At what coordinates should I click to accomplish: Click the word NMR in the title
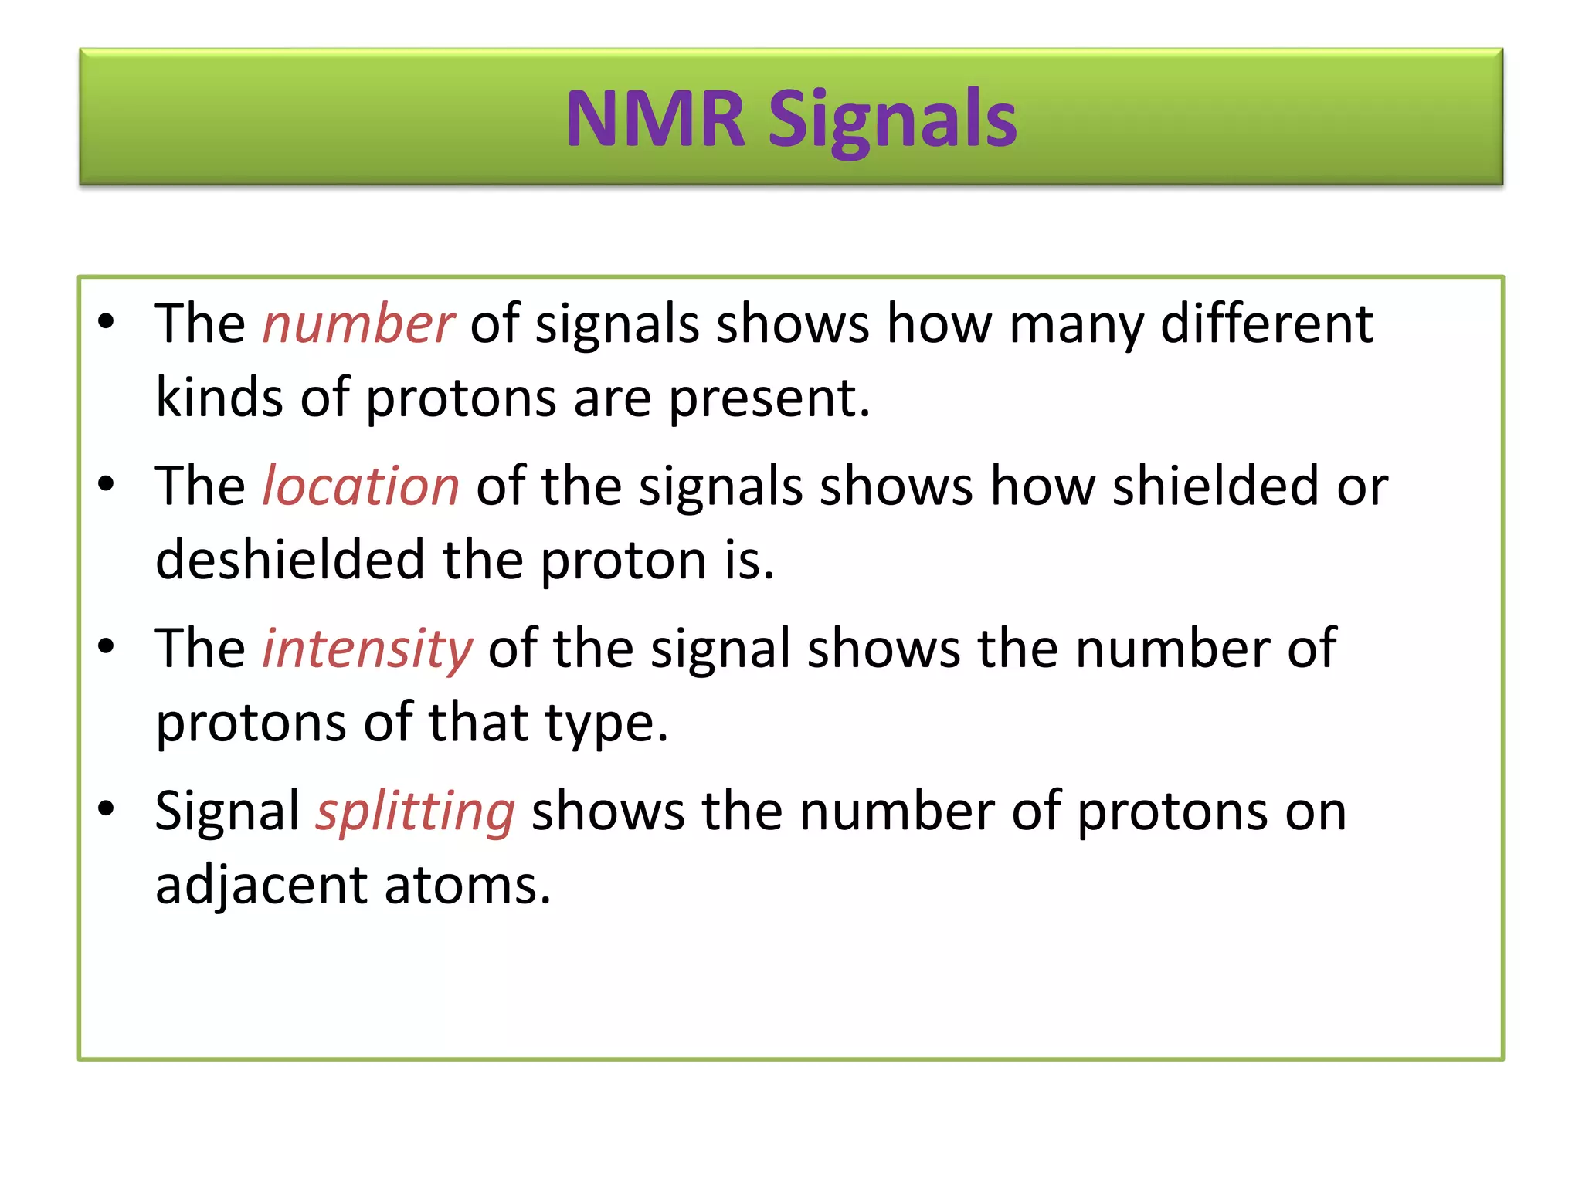(655, 120)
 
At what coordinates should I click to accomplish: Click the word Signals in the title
(892, 120)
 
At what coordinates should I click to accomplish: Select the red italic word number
(358, 324)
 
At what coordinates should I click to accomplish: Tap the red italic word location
(361, 486)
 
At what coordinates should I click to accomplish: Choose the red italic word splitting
(415, 812)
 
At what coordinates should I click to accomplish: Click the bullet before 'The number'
(106, 321)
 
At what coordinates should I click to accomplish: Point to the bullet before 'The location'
(106, 484)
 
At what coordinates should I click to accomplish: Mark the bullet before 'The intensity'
(106, 646)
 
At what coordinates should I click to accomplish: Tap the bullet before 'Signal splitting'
(106, 808)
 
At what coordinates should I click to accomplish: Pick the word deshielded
(290, 560)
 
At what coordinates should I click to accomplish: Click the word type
(605, 724)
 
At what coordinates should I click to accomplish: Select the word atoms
(467, 886)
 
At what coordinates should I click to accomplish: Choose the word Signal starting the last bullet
(227, 812)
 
